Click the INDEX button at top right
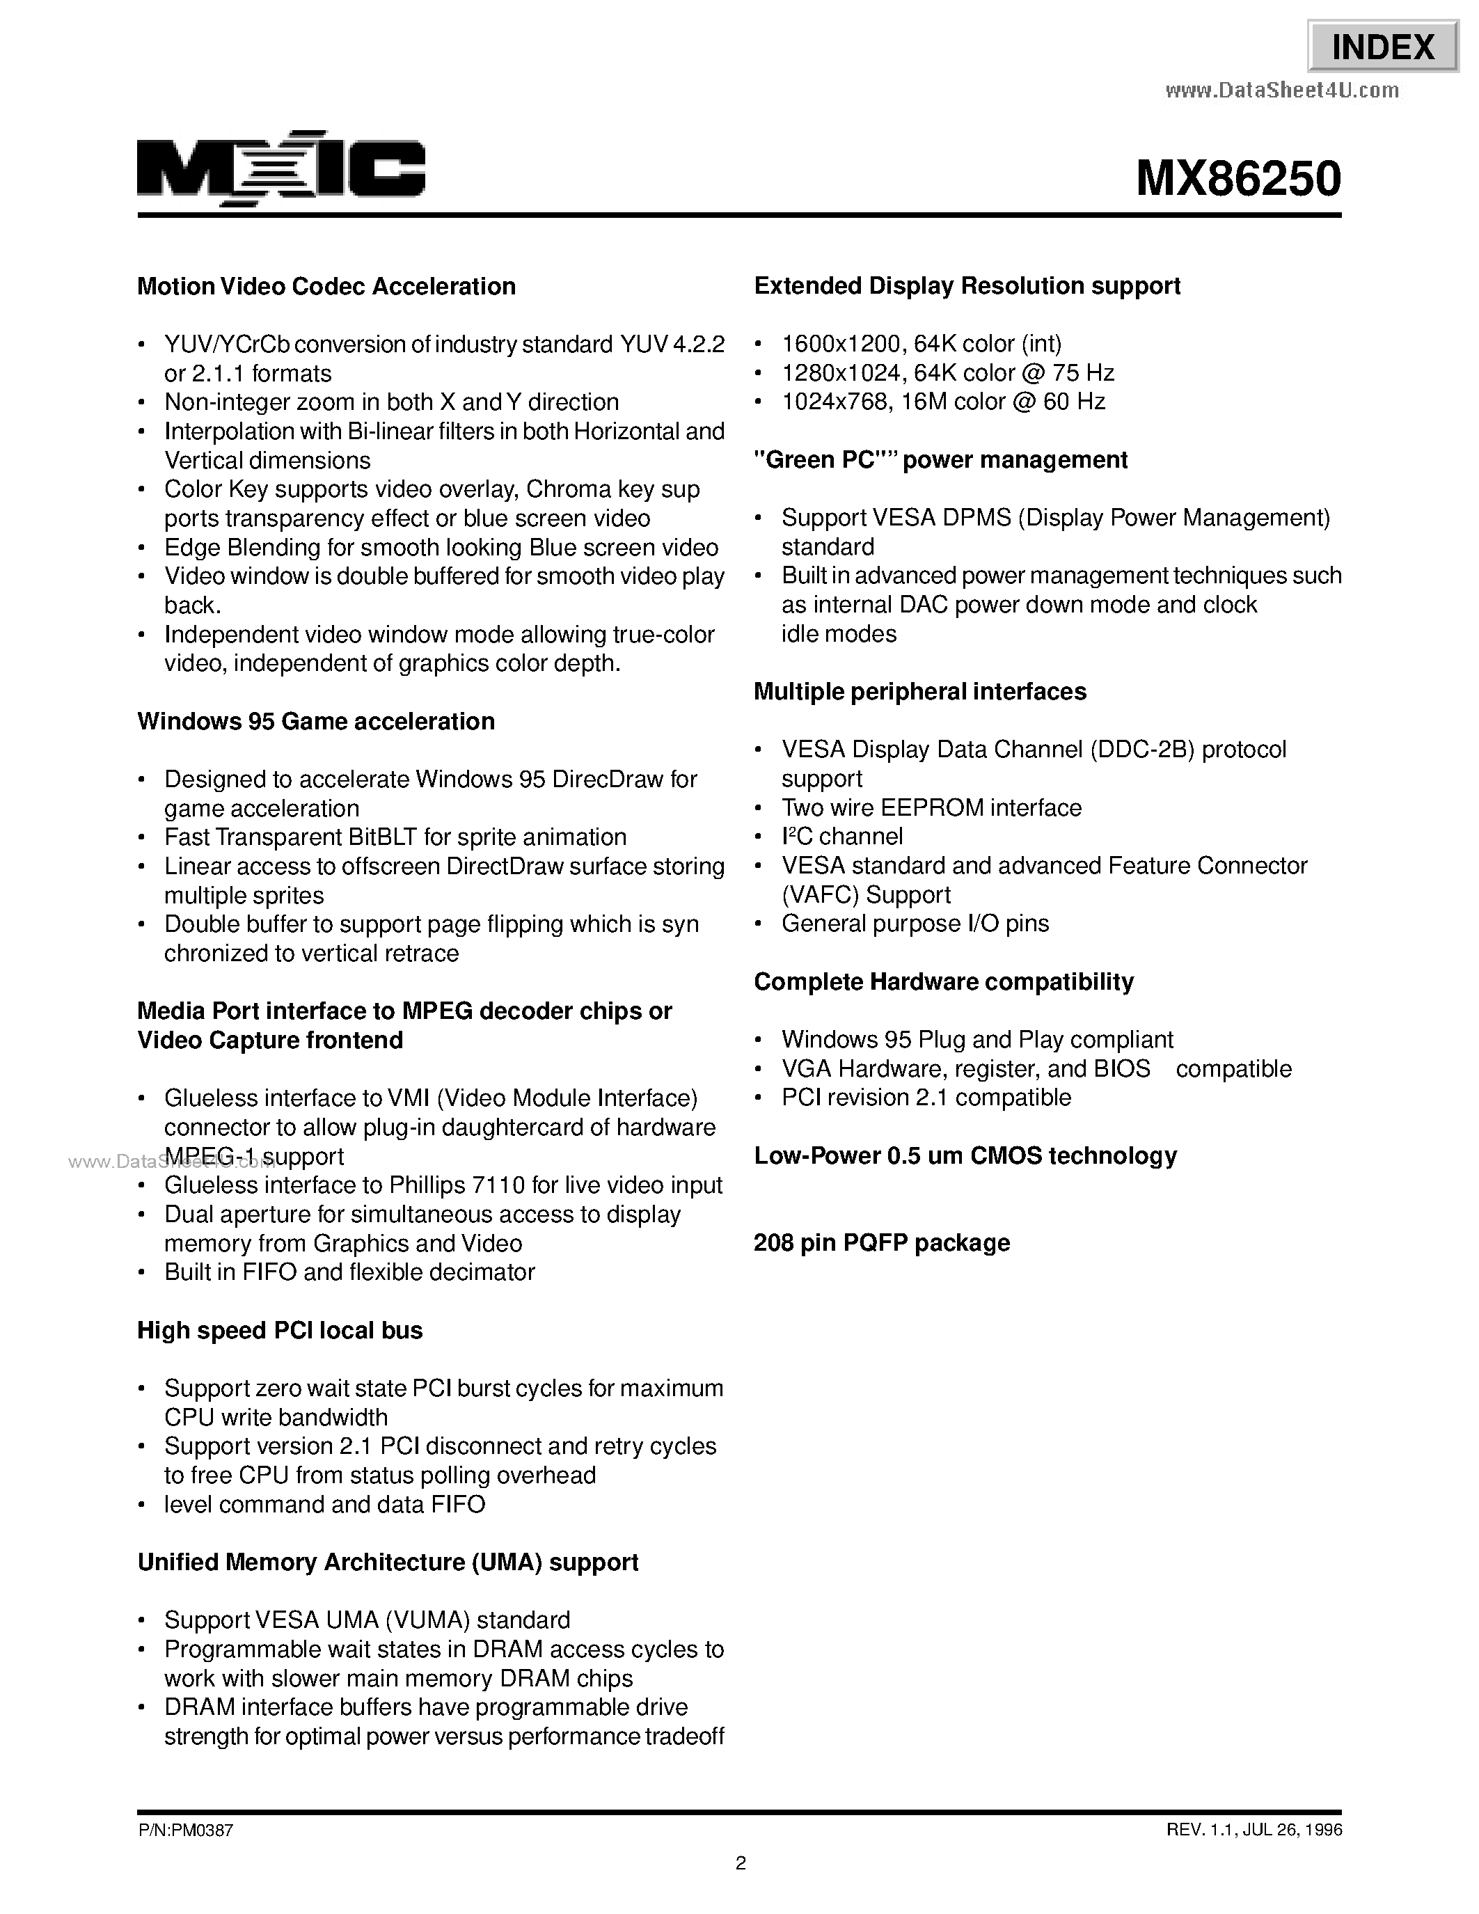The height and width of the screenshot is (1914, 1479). [1383, 47]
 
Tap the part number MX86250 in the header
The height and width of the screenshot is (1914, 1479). [1238, 179]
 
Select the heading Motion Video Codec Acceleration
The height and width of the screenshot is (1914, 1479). [326, 287]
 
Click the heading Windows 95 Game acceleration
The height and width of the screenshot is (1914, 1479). [315, 721]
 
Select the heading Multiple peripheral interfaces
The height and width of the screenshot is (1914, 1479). [919, 691]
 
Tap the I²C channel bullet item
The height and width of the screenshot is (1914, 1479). [841, 836]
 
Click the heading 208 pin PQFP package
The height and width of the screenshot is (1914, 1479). [881, 1242]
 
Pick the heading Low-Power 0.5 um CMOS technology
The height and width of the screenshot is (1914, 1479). [965, 1156]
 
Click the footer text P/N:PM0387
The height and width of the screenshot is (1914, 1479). [185, 1830]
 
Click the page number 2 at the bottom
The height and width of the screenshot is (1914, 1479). [741, 1863]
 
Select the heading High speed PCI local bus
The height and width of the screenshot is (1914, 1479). [280, 1330]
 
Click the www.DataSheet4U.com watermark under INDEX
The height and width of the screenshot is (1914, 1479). [1282, 90]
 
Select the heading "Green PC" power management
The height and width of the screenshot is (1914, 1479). [940, 460]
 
